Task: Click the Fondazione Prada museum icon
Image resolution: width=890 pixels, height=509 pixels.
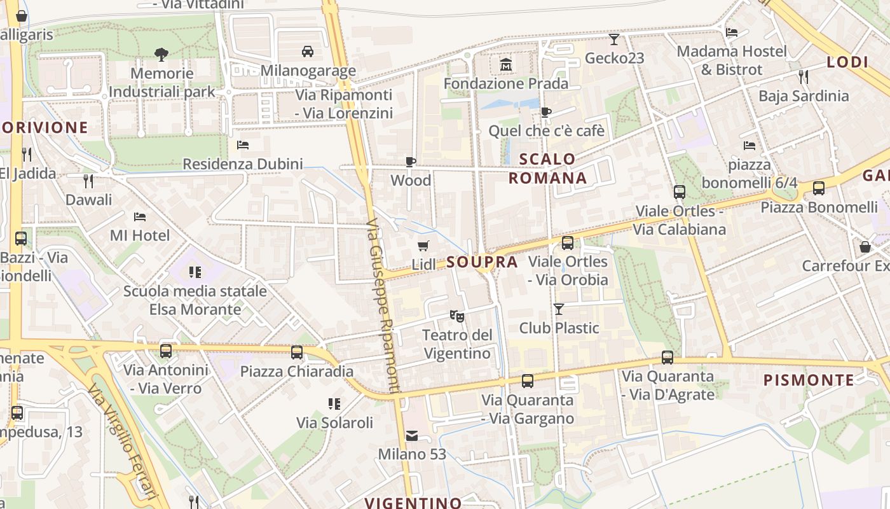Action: [x=506, y=64]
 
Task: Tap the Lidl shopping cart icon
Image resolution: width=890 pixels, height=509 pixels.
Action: [x=423, y=246]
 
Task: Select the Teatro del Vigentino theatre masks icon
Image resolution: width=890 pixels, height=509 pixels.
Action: [x=456, y=315]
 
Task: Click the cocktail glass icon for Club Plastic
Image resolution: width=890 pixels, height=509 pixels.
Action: [x=559, y=309]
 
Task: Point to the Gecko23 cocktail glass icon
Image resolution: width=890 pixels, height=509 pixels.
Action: [x=614, y=39]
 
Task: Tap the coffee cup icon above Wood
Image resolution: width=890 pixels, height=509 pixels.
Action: [x=411, y=162]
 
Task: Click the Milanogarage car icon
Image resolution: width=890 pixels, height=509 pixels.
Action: [x=308, y=51]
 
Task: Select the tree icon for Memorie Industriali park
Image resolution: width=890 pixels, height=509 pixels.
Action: [x=161, y=55]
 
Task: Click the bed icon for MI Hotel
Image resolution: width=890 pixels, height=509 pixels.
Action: [x=140, y=217]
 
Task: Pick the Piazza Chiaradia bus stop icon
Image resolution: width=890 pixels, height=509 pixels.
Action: [x=297, y=352]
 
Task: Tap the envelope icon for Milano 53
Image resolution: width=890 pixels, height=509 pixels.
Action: [x=412, y=436]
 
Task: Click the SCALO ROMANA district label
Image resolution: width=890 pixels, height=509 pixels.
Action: [x=547, y=169]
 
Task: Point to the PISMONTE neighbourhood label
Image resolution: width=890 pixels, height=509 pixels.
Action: [x=809, y=380]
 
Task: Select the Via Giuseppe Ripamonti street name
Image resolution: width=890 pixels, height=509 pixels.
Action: [x=383, y=306]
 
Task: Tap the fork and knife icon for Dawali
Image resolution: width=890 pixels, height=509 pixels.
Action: [x=88, y=181]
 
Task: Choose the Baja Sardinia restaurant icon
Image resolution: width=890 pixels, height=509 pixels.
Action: [x=804, y=77]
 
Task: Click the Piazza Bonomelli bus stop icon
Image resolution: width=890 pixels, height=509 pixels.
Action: [x=819, y=188]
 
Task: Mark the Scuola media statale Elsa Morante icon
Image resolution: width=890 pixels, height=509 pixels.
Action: [x=195, y=272]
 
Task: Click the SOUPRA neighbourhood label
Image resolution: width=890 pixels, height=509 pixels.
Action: [x=481, y=262]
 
